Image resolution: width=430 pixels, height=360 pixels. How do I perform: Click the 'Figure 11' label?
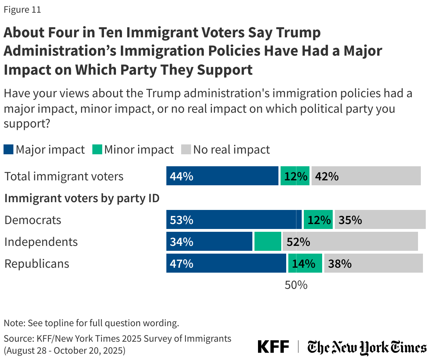[22, 10]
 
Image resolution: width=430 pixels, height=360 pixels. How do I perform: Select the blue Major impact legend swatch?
[8, 149]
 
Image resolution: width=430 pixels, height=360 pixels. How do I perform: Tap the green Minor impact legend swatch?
[97, 149]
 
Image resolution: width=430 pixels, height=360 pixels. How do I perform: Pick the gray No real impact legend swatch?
[186, 149]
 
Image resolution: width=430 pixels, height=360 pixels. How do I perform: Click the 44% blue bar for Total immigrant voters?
[222, 176]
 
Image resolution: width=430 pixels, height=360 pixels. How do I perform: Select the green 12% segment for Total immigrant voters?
[295, 176]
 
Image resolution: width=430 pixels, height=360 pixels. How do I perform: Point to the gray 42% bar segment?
[366, 176]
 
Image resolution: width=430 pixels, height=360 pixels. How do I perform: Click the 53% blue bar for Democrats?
[234, 220]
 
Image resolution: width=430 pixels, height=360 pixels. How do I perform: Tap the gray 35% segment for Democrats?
[380, 220]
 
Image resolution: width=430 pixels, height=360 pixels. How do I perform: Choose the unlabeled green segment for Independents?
[268, 242]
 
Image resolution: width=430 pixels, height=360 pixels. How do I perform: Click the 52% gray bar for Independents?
[350, 242]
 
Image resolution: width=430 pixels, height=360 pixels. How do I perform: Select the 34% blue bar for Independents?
[209, 242]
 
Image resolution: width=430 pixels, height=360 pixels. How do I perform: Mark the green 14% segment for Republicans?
[305, 263]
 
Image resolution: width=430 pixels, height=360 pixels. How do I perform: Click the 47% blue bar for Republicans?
[226, 263]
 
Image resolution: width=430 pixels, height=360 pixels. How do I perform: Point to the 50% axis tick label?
[296, 285]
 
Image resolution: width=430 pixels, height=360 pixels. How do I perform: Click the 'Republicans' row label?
[37, 263]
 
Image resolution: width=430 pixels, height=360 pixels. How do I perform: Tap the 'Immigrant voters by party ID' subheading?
[82, 198]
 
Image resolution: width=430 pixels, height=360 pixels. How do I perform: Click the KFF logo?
[273, 347]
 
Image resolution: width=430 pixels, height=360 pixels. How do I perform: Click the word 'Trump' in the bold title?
[298, 32]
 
